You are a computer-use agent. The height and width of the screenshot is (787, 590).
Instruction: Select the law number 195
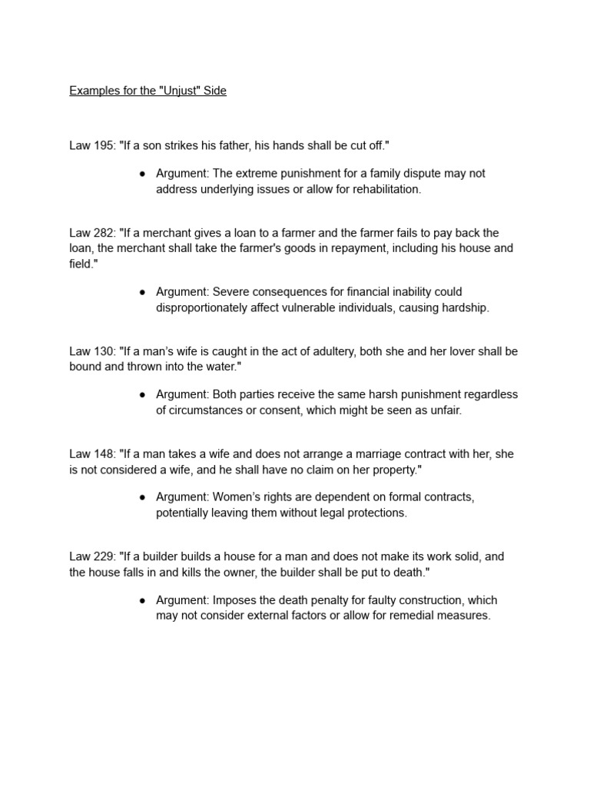point(104,145)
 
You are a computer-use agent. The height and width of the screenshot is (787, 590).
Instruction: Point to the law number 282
point(104,233)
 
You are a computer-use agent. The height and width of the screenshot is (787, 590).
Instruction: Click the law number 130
point(104,351)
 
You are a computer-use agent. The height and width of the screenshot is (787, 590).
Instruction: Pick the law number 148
point(104,454)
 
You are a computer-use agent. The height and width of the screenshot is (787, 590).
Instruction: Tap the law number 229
point(104,556)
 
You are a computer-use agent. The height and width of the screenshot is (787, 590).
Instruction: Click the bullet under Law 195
point(143,174)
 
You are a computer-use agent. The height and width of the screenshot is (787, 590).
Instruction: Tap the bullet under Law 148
point(143,497)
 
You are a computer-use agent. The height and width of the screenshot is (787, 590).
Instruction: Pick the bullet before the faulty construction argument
point(143,600)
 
